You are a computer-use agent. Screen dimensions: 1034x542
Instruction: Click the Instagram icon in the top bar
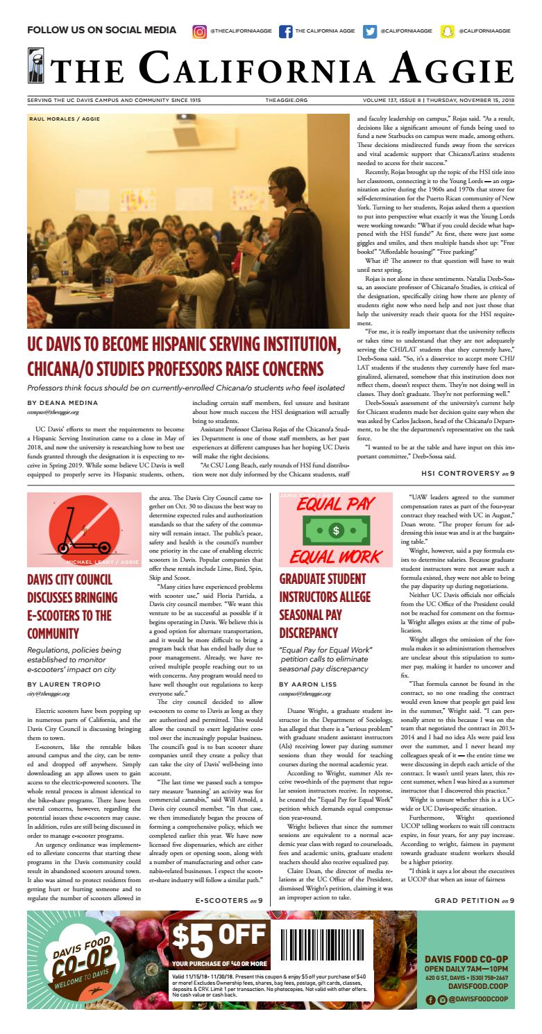pos(200,31)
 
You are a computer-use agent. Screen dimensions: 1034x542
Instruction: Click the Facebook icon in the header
pos(285,31)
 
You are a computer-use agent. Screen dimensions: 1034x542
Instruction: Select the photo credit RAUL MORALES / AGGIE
pos(65,119)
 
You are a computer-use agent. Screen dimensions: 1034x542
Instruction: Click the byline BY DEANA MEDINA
pos(62,402)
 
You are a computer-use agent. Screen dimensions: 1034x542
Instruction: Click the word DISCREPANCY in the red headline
pos(309,632)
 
